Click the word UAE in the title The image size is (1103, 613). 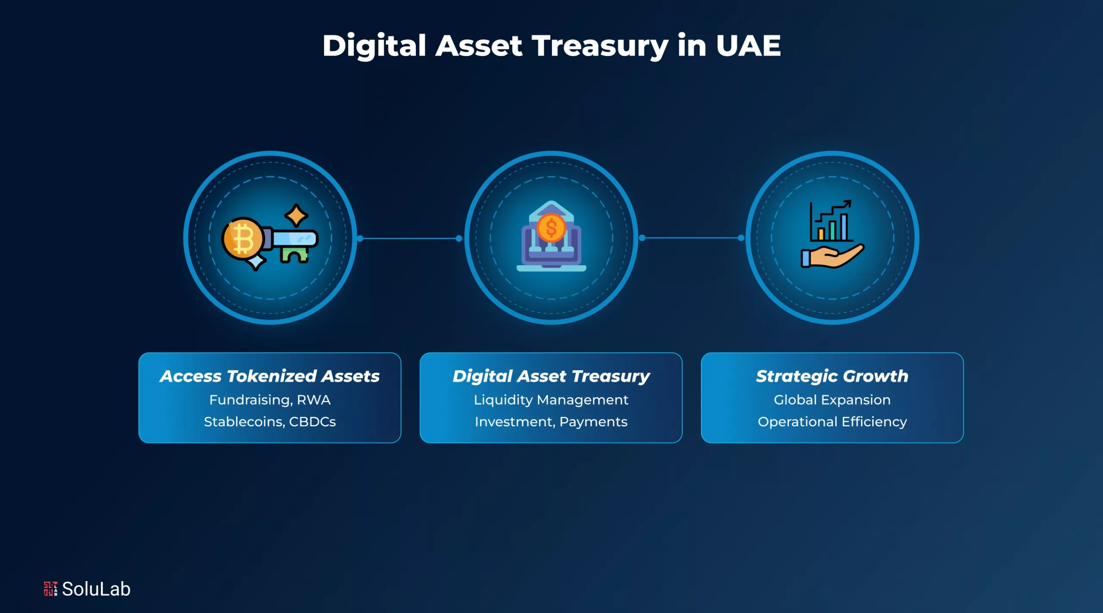coord(748,46)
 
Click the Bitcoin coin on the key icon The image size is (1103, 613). coord(242,238)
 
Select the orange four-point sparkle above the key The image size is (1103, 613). coord(296,215)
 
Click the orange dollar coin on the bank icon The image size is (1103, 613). coord(551,228)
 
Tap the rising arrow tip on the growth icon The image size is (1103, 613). coord(848,203)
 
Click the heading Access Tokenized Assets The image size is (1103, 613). coord(270,376)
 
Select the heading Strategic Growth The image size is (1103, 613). coord(832,376)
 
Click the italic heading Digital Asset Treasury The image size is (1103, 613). coord(551,376)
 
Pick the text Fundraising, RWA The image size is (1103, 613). coord(270,400)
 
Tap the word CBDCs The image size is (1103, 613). coord(312,422)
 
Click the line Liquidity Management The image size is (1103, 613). coord(551,400)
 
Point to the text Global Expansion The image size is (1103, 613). coord(832,400)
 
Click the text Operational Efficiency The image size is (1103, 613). coord(832,422)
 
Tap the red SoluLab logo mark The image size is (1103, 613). coord(50,589)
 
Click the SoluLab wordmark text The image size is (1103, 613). coord(96,589)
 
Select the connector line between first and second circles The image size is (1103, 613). coord(409,238)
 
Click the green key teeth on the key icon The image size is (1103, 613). coord(295,254)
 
